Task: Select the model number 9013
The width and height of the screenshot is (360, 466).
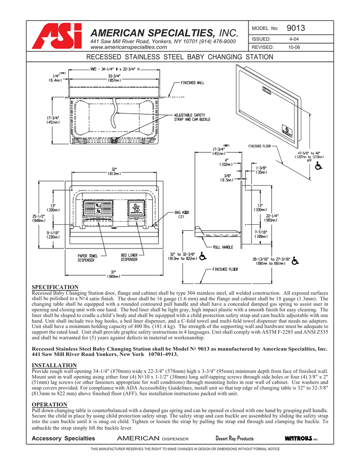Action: click(296, 29)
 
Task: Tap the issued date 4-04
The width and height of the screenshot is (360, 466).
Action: click(294, 40)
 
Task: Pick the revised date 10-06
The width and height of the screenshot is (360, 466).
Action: click(294, 47)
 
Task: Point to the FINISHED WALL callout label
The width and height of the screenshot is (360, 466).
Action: click(193, 83)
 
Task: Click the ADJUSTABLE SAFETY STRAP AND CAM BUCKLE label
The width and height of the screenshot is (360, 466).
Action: click(190, 117)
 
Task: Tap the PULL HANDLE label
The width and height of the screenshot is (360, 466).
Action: click(223, 247)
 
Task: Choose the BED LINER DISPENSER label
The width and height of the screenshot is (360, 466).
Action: click(129, 258)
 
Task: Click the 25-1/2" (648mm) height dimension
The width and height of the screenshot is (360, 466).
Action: click(39, 218)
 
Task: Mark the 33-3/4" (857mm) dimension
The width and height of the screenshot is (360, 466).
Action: click(114, 78)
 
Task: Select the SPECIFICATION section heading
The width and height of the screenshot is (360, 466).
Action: click(55, 287)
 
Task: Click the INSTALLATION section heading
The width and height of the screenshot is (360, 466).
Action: click(54, 365)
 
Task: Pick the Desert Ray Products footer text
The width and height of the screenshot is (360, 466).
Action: click(234, 439)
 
